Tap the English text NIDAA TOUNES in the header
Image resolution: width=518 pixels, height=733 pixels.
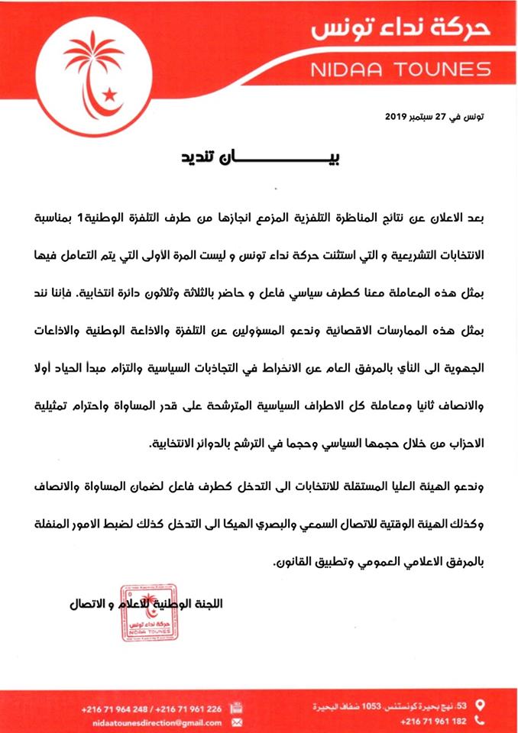pyautogui.click(x=401, y=69)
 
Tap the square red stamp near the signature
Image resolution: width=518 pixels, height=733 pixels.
pyautogui.click(x=148, y=613)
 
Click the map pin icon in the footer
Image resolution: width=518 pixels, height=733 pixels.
pyautogui.click(x=481, y=703)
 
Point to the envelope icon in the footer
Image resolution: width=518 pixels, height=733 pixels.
pyautogui.click(x=236, y=722)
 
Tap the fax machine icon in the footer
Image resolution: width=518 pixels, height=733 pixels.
pyautogui.click(x=237, y=709)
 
